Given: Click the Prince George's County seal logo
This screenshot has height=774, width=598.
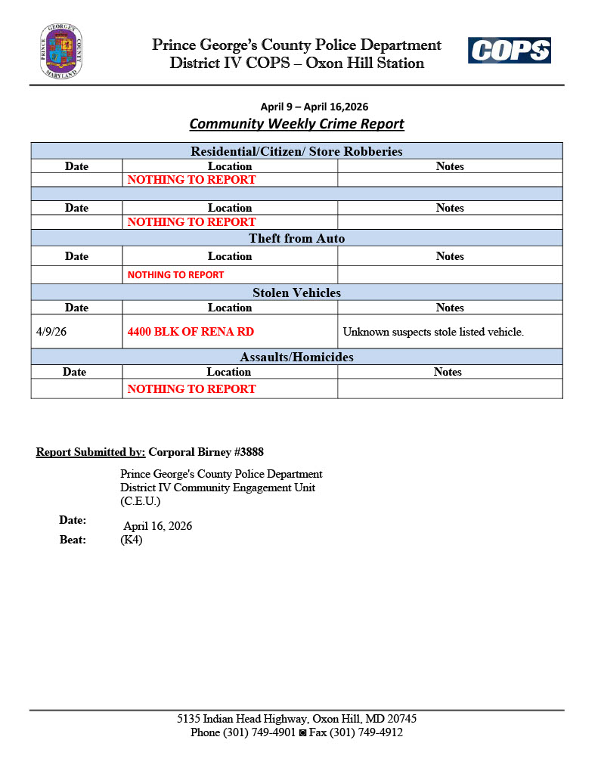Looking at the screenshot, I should (x=61, y=51).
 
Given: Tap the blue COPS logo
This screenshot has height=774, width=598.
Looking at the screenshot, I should (x=509, y=51).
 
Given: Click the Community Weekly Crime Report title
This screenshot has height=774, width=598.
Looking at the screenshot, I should (x=296, y=124).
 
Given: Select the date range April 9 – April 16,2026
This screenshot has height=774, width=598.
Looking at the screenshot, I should (x=314, y=107).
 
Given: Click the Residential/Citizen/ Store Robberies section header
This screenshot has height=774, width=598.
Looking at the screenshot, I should (x=296, y=151).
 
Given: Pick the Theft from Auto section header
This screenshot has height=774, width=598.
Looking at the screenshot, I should (x=296, y=239).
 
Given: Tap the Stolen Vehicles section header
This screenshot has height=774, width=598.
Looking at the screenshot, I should (x=296, y=293).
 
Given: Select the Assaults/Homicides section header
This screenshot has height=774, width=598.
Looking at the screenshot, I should (x=296, y=357).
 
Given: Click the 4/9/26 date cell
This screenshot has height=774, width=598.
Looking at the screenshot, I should (x=51, y=331).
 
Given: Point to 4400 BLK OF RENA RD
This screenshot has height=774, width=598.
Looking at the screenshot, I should (x=191, y=331).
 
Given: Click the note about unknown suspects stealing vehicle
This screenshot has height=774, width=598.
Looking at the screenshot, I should (x=433, y=332).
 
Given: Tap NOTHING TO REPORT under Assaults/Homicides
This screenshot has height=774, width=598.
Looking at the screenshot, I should (x=191, y=389).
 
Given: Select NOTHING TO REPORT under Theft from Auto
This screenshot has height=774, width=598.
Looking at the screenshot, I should (x=175, y=275).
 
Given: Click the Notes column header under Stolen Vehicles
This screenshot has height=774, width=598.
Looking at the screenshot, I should (x=450, y=308).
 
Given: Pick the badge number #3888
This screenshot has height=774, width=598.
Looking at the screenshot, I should (x=247, y=452).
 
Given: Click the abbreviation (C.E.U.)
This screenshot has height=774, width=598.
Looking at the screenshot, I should (x=141, y=501).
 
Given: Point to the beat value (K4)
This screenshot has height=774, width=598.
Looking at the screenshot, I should (x=132, y=540).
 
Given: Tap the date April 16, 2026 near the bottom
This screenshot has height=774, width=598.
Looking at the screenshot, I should (x=158, y=526).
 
